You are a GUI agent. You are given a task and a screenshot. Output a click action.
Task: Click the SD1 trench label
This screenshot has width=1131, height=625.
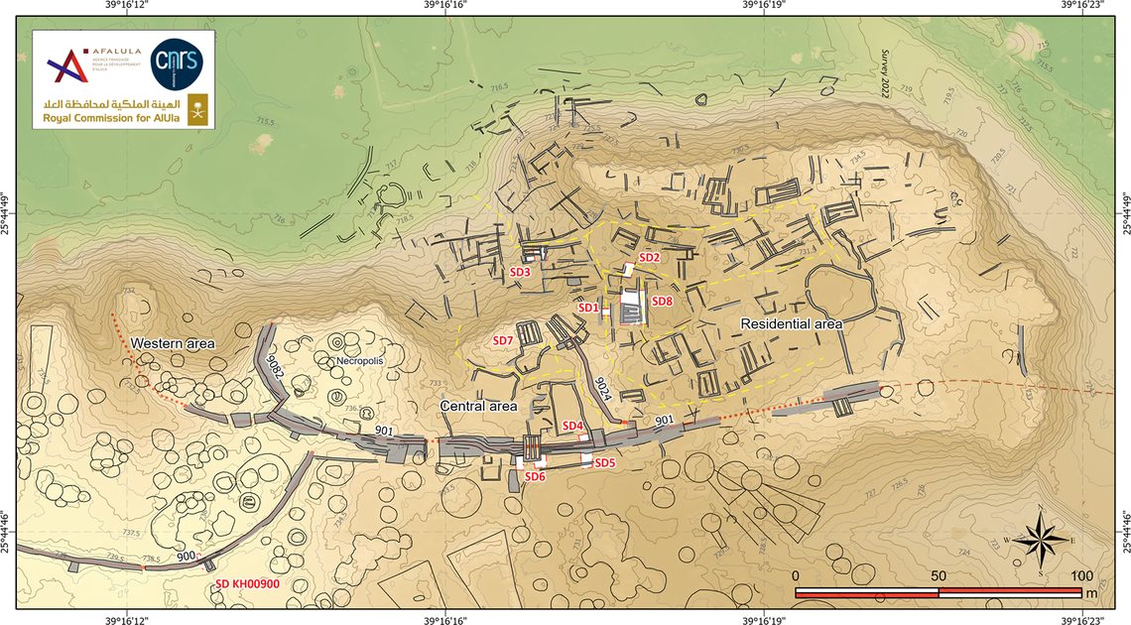pyautogui.click(x=587, y=308)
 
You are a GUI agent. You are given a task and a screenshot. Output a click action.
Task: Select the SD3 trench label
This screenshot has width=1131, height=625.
pyautogui.click(x=521, y=271)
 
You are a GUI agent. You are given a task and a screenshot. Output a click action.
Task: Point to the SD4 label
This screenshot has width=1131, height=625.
pyautogui.click(x=572, y=427)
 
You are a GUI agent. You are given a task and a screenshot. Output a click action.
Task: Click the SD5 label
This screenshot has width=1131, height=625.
pyautogui.click(x=605, y=463)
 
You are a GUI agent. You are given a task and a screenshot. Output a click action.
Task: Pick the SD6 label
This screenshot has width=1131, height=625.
pyautogui.click(x=535, y=476)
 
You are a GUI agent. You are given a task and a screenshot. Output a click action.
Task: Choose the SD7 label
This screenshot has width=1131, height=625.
pyautogui.click(x=503, y=340)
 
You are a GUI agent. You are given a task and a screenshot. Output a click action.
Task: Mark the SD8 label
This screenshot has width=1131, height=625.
pyautogui.click(x=662, y=302)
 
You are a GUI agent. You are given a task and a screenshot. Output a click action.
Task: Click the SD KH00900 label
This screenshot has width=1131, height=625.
pyautogui.click(x=248, y=584)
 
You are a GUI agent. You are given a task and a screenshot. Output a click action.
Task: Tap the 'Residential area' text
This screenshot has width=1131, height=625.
pyautogui.click(x=792, y=323)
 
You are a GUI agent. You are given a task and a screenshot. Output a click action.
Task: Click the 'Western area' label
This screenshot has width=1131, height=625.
pyautogui.click(x=174, y=343)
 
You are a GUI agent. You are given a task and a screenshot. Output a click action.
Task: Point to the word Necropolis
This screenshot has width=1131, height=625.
pyautogui.click(x=359, y=361)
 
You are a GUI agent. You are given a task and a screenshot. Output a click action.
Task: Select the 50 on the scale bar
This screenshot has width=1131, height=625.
pyautogui.click(x=938, y=576)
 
